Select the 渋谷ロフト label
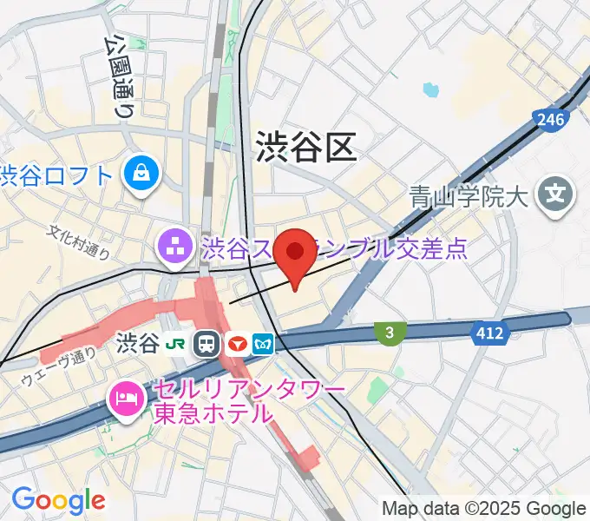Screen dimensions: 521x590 (57, 176)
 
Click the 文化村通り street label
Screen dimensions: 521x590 (79, 242)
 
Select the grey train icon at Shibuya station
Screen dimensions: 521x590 (206, 344)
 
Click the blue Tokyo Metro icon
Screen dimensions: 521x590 (263, 344)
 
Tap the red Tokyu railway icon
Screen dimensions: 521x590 (235, 344)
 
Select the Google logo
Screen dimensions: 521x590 (58, 500)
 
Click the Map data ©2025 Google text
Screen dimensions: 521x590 (484, 508)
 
